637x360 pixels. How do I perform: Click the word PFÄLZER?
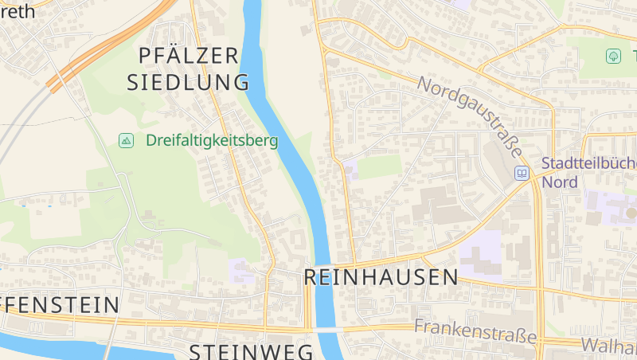(x=188, y=55)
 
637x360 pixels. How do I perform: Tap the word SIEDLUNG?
(x=188, y=81)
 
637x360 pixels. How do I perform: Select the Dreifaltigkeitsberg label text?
(x=211, y=141)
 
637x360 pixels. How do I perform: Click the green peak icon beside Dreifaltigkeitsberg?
(x=126, y=141)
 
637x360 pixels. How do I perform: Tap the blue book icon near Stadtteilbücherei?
(x=522, y=173)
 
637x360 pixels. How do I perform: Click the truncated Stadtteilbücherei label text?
(x=589, y=163)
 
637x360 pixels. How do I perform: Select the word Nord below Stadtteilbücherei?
(x=559, y=182)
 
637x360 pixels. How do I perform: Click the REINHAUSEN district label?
(x=381, y=277)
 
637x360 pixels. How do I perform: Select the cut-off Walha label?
(x=608, y=346)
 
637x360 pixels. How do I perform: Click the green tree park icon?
(x=613, y=56)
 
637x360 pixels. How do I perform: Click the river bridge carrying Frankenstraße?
(x=324, y=329)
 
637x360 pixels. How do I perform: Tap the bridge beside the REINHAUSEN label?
(x=322, y=264)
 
